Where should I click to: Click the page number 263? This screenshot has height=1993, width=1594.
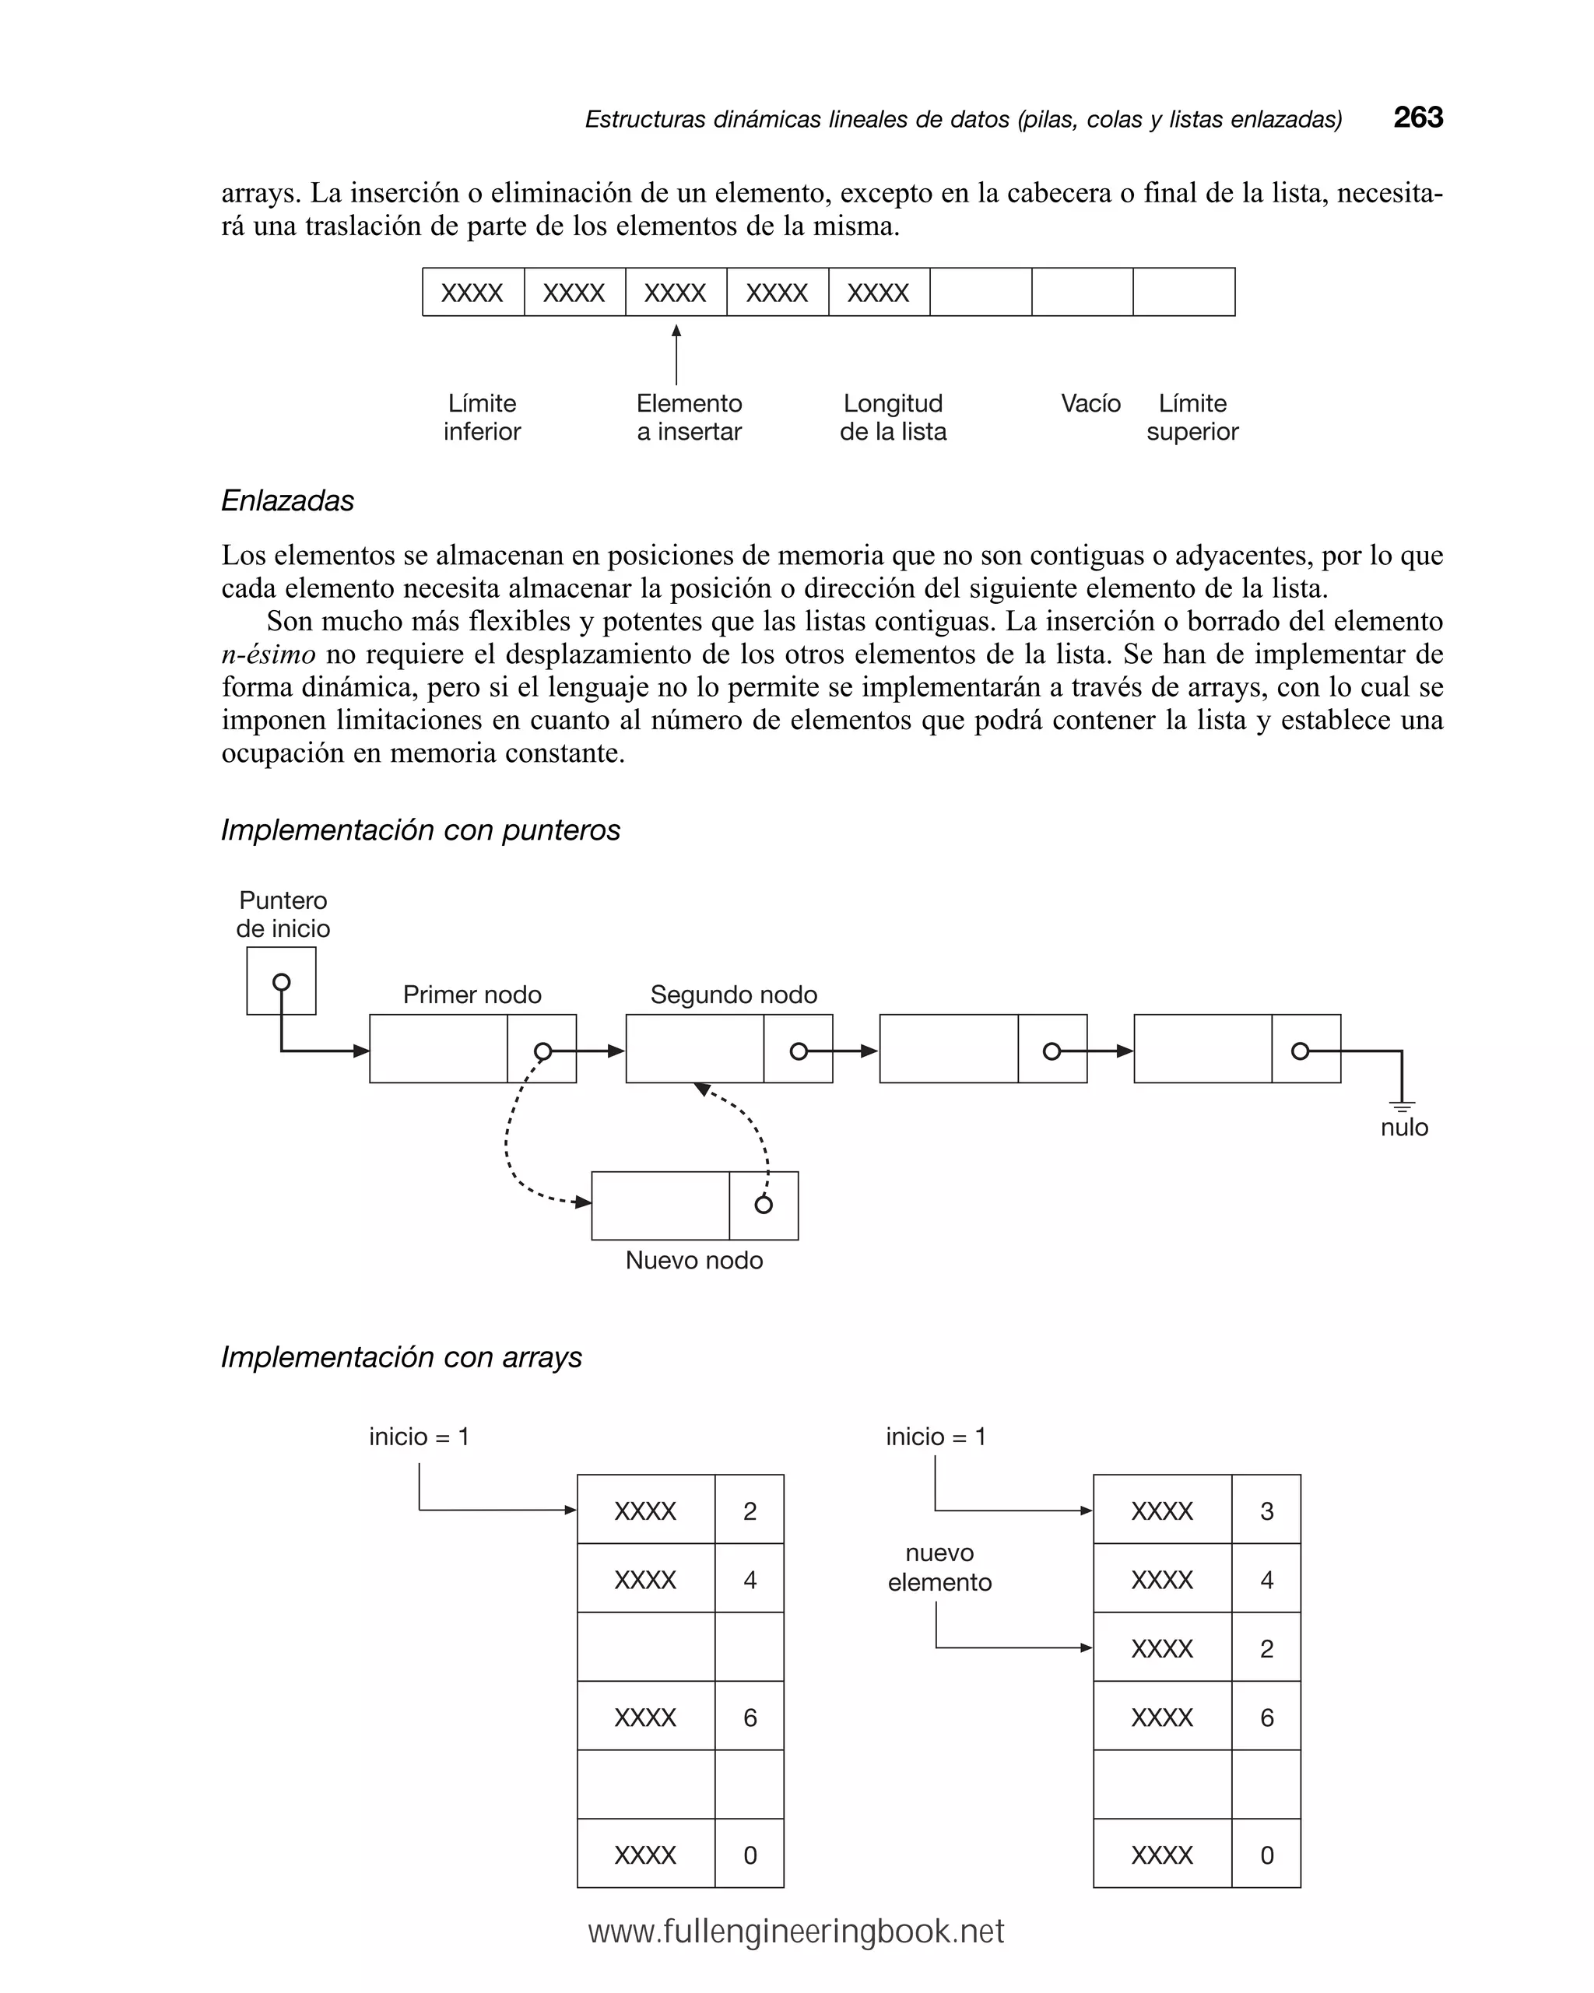(x=1417, y=118)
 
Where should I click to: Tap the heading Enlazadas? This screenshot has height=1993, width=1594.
(x=287, y=501)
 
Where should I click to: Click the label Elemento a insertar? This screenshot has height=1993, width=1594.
(x=689, y=417)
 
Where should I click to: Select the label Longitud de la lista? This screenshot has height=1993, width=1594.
(x=892, y=417)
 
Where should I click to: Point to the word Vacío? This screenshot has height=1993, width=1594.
(x=1090, y=404)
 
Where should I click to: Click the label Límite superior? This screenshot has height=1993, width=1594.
(x=1192, y=417)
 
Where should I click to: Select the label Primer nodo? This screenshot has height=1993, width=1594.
(x=472, y=995)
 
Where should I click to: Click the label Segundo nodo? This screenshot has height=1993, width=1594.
(x=733, y=995)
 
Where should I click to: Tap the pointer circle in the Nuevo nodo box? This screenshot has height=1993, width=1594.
(x=763, y=1205)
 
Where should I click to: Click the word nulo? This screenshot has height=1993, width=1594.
(x=1403, y=1128)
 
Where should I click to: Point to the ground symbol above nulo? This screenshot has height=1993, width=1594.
(x=1402, y=1106)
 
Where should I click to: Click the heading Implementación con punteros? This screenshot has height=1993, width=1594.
(x=420, y=830)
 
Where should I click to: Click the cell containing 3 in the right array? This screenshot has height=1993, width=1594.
(x=1266, y=1511)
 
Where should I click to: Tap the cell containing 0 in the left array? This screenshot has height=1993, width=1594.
(x=749, y=1855)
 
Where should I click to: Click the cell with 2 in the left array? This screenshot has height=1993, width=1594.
(x=749, y=1511)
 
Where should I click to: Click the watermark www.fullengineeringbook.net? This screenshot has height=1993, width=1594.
(x=795, y=1931)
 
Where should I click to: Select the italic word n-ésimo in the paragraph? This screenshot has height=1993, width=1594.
(x=269, y=654)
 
